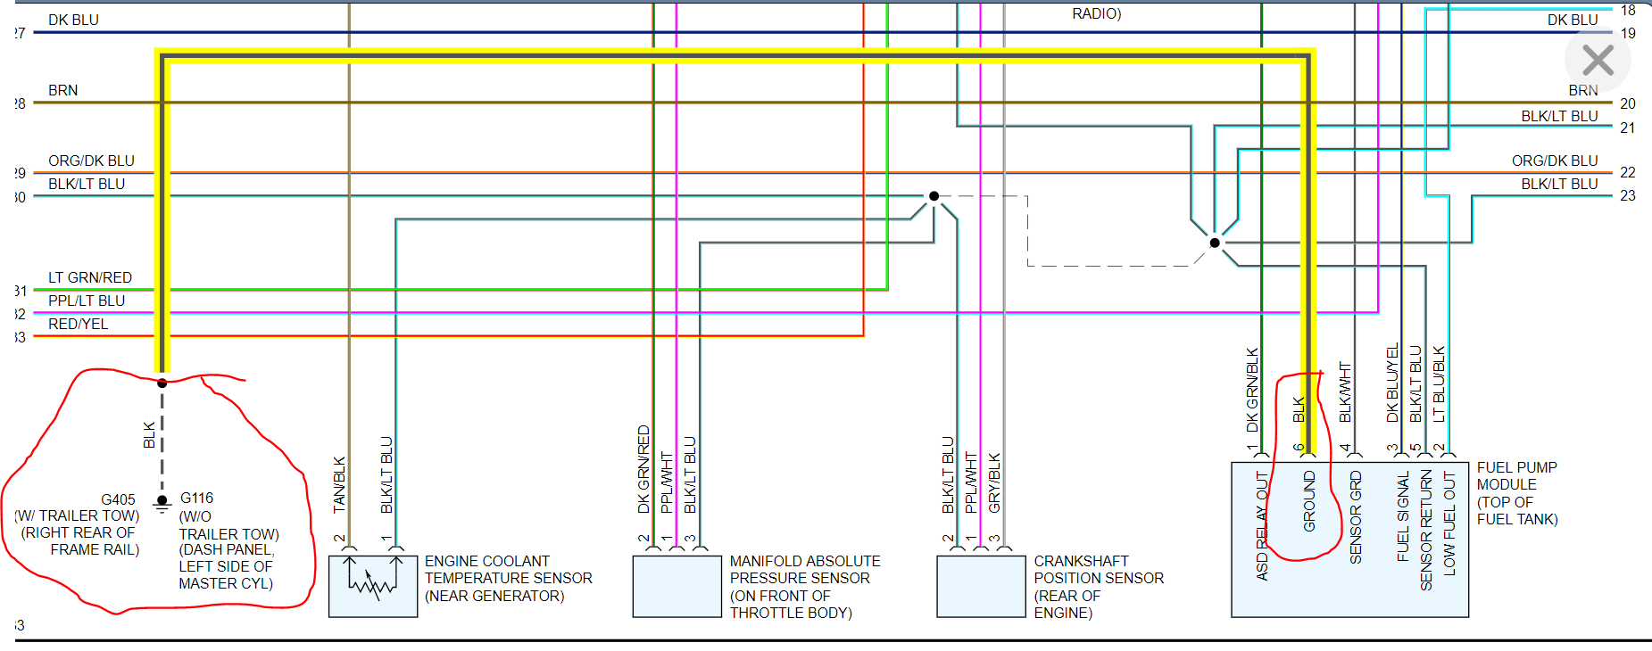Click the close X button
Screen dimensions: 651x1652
pos(1598,61)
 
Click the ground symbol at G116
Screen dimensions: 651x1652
pos(162,504)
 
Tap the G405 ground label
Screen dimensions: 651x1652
pos(118,499)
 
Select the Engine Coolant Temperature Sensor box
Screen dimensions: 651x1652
pos(373,586)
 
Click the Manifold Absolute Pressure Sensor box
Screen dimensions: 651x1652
pos(677,586)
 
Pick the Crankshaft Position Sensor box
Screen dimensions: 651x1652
pos(981,586)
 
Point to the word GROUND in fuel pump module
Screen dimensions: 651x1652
pos(1309,501)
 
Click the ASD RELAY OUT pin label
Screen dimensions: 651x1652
pos(1262,526)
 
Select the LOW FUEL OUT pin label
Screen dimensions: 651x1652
pos(1449,523)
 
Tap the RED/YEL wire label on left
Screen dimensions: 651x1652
pos(78,324)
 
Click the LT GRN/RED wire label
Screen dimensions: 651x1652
pos(90,277)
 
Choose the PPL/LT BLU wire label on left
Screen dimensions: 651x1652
pos(87,301)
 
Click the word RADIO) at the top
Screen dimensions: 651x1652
pos(1096,13)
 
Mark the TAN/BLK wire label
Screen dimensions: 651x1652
pos(339,484)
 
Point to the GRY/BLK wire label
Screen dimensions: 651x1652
pos(994,482)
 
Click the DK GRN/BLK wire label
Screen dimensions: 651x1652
pos(1252,390)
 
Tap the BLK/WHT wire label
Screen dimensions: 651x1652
pos(1345,392)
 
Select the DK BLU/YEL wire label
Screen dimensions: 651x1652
pos(1392,383)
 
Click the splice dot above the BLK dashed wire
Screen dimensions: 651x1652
pos(162,383)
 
